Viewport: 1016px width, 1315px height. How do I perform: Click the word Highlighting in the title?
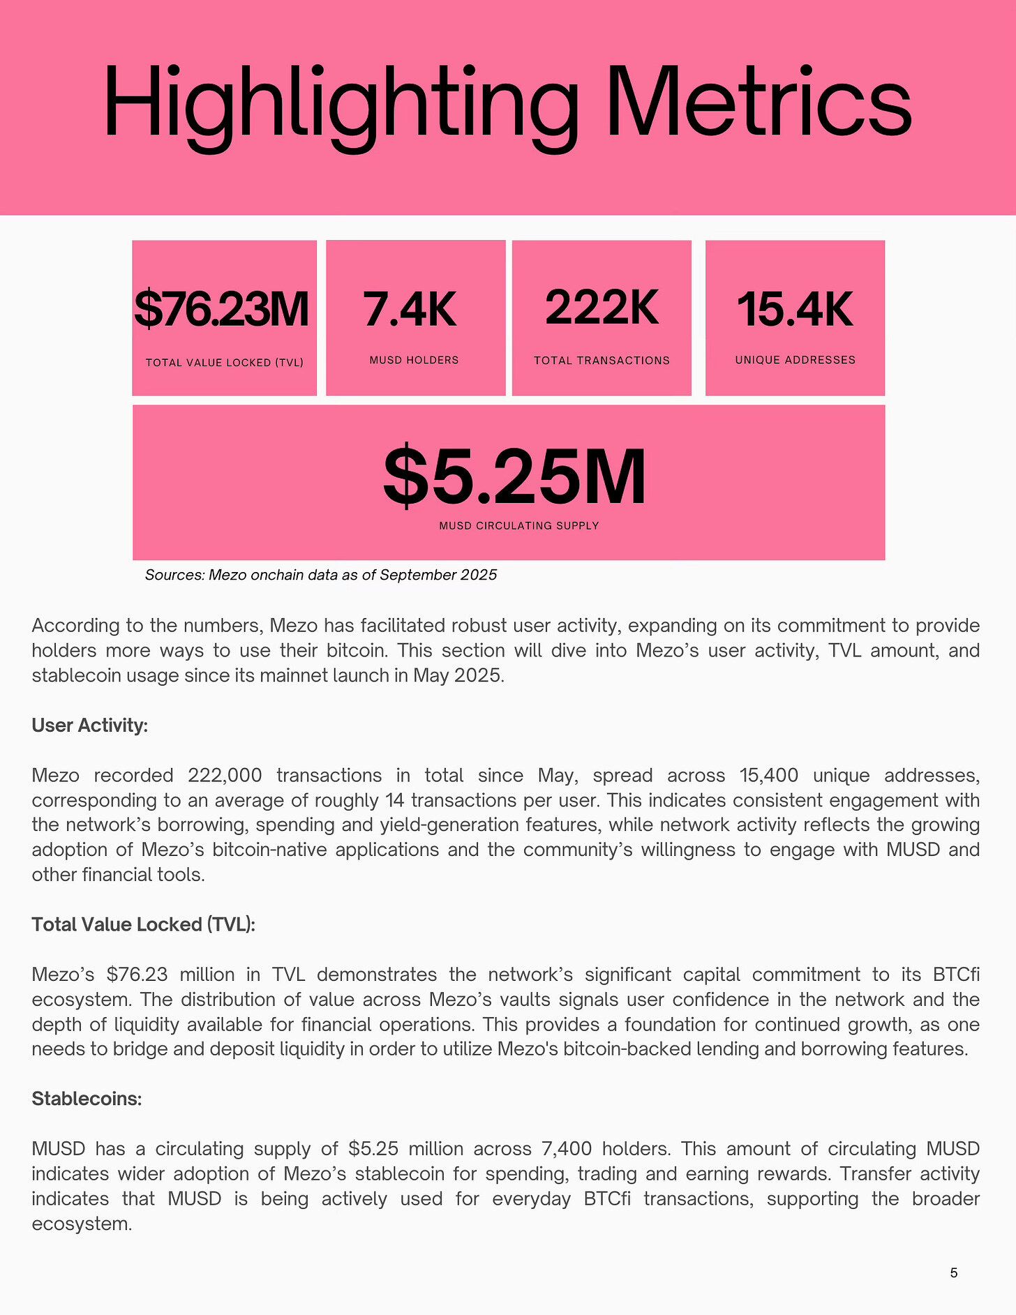[x=341, y=103]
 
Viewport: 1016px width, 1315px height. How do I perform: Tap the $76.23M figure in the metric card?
[x=222, y=309]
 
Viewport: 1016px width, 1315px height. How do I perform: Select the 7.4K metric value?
[x=410, y=309]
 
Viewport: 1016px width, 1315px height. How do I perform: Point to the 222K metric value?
[x=602, y=307]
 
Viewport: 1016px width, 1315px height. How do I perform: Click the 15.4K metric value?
[x=795, y=309]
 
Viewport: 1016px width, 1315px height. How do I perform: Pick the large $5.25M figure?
[x=515, y=477]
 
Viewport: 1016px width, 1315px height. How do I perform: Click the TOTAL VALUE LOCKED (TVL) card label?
[x=224, y=363]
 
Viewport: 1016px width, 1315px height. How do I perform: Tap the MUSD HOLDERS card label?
[x=414, y=360]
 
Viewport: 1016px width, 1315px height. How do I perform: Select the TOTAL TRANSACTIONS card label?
[x=602, y=361]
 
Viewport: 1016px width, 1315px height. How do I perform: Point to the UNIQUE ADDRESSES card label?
[x=795, y=360]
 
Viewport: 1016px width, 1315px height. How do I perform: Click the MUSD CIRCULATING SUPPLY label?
[x=518, y=526]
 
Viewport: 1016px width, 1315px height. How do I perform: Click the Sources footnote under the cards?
[x=321, y=575]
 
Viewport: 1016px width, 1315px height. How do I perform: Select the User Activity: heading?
[x=90, y=726]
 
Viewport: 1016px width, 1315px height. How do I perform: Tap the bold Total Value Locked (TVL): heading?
[x=144, y=924]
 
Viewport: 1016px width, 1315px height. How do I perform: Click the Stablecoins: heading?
[x=87, y=1099]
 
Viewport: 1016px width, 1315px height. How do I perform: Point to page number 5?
[x=953, y=1273]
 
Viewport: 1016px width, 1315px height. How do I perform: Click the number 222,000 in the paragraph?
[x=225, y=776]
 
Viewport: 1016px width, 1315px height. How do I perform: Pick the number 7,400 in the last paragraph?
[x=562, y=1149]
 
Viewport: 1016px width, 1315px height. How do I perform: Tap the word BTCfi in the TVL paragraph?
[x=955, y=975]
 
